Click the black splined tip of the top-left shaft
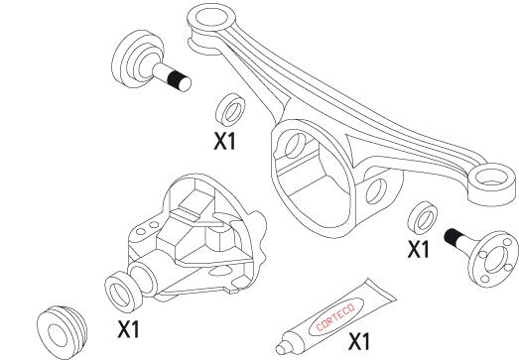(x=179, y=81)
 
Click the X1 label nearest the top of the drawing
(x=224, y=141)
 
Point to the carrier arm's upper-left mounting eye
(x=210, y=19)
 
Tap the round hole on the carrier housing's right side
(x=376, y=190)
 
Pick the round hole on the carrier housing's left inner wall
(x=297, y=146)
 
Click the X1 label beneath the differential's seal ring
(x=129, y=329)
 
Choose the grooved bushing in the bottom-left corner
(x=62, y=331)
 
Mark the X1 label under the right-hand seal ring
(x=418, y=249)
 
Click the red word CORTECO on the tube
(x=335, y=317)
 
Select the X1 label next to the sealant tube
(x=359, y=342)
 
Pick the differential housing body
(x=196, y=238)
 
